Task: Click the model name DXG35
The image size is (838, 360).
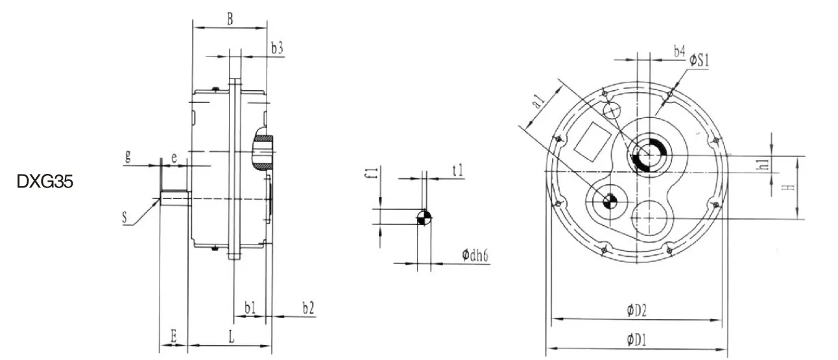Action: [x=45, y=183]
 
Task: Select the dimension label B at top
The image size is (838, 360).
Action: [x=230, y=19]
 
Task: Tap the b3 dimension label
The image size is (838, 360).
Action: [x=277, y=48]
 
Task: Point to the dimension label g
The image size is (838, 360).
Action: [x=129, y=156]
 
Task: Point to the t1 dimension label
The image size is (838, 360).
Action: [x=458, y=170]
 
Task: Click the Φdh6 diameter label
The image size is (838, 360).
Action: [x=475, y=255]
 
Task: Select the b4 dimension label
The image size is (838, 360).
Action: [x=679, y=51]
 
